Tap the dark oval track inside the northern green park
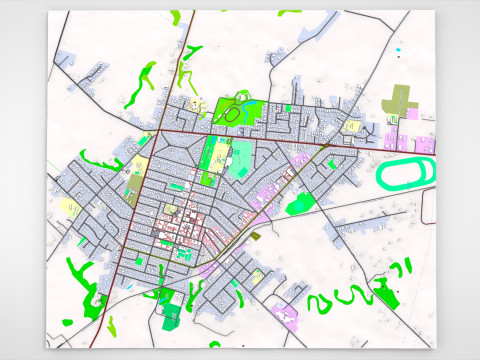coord(233,114)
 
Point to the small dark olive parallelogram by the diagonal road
coord(254,236)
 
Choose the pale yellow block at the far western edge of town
coord(71,207)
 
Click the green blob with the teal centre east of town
coord(299,204)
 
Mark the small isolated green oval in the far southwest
coord(66,321)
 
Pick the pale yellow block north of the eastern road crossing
coord(352,127)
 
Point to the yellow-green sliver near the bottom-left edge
coord(111,325)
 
